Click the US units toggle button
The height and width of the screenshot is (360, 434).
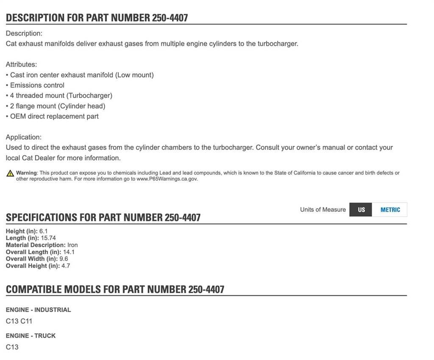[x=361, y=209]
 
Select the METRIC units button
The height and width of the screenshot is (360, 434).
[x=390, y=209]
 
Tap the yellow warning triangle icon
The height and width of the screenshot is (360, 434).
[x=10, y=173]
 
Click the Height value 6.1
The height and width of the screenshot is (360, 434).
[x=44, y=231]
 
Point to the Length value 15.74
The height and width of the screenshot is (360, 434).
[x=48, y=238]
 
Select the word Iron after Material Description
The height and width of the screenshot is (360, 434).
[x=72, y=245]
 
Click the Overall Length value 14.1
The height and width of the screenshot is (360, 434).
[x=69, y=252]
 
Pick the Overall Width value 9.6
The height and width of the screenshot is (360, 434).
[x=64, y=259]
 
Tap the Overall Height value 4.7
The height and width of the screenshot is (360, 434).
[x=66, y=266]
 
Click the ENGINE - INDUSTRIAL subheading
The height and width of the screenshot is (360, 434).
[x=38, y=310]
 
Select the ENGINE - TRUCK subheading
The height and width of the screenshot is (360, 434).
[x=31, y=335]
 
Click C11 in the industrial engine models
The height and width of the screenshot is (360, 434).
[x=26, y=321]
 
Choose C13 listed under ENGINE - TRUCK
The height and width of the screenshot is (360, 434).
[x=12, y=347]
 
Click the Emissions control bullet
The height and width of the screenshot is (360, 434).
[x=37, y=85]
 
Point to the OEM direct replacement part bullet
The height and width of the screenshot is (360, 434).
[x=54, y=116]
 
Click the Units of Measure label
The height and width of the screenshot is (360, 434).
[x=323, y=209]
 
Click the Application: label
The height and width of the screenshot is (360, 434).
[x=24, y=137]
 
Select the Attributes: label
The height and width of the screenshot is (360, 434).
[x=21, y=64]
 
